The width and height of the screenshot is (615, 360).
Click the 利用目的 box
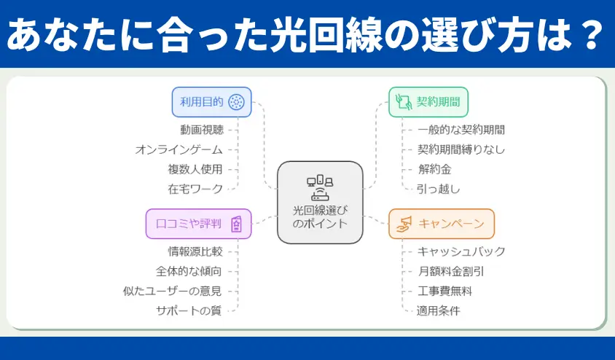(x=211, y=102)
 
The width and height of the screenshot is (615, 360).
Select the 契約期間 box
(x=428, y=102)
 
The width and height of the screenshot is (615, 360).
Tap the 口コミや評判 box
(x=198, y=224)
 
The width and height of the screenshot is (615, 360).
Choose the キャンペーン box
(x=442, y=224)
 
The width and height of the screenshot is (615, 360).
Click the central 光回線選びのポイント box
(x=320, y=203)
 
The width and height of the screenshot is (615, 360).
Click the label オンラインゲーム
(x=179, y=149)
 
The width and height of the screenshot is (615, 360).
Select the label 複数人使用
(x=195, y=169)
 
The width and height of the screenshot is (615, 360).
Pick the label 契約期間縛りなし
(x=461, y=149)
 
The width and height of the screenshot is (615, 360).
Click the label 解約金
(x=434, y=169)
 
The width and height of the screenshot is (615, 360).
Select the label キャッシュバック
(x=461, y=251)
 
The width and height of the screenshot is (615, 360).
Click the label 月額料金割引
(x=451, y=272)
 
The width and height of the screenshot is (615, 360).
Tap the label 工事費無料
(x=444, y=291)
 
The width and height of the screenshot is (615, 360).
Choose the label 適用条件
(x=438, y=311)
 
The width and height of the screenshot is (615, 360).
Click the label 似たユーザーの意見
(x=173, y=291)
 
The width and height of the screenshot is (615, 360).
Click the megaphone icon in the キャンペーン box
(x=404, y=224)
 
